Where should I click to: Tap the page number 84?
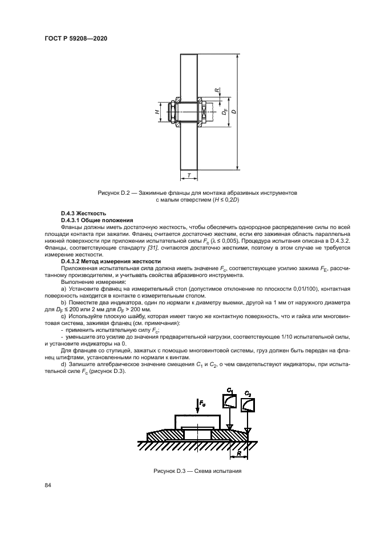(48, 485)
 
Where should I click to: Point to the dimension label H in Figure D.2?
(157, 113)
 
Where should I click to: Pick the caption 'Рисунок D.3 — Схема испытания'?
(197, 471)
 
